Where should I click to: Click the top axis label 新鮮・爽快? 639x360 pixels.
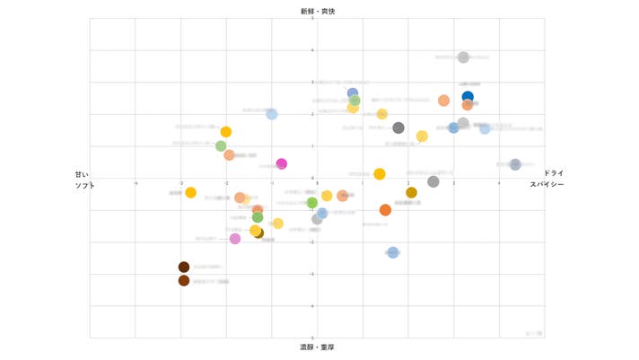point(318,11)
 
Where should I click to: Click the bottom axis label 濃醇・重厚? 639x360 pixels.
point(318,347)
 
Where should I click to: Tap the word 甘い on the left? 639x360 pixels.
point(82,174)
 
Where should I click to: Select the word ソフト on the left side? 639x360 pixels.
point(84,185)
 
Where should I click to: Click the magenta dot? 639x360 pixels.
point(282,163)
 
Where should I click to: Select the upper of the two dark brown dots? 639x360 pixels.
point(184,267)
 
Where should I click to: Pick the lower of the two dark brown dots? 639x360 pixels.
point(184,280)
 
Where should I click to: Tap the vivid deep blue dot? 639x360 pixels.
point(468,96)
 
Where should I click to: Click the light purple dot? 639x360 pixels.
point(235,239)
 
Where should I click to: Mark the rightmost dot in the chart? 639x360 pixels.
point(515,164)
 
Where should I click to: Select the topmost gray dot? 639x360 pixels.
point(463,57)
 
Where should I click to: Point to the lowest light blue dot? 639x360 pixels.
point(393,252)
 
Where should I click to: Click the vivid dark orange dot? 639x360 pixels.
point(385,210)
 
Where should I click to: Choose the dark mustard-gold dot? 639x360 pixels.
point(411,192)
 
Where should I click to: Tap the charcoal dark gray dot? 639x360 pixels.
point(398,127)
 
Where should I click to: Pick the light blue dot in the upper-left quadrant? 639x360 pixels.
point(272,114)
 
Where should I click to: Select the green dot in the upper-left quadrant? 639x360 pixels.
point(221,145)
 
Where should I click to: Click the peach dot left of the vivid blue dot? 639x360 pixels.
point(443,101)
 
